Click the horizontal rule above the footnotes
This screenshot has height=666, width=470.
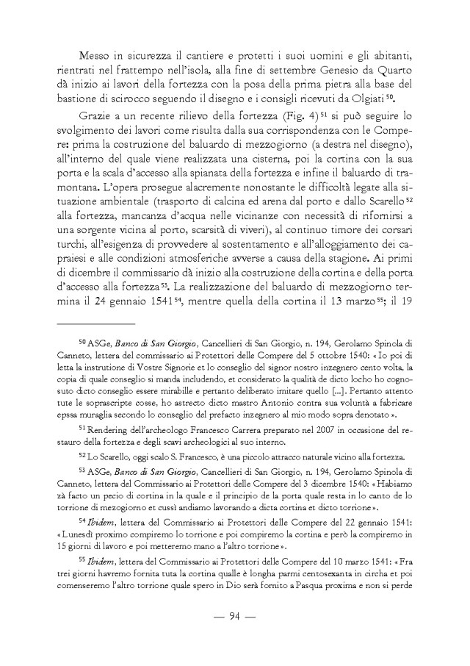click(96, 323)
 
